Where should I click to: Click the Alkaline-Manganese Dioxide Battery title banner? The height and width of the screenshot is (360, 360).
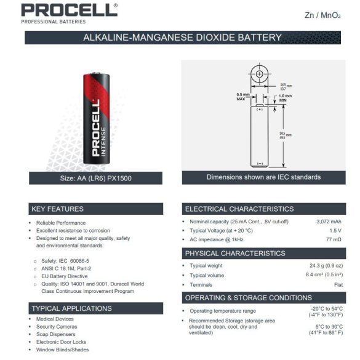182,38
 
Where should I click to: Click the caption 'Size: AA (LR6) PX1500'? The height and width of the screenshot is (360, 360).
96,178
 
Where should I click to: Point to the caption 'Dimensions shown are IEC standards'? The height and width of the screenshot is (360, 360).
263,177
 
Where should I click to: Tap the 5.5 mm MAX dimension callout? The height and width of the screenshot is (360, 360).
242,97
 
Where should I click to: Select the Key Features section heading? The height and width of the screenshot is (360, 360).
57,209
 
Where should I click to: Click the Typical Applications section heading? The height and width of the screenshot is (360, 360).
71,308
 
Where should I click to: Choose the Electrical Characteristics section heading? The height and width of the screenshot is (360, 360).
239,209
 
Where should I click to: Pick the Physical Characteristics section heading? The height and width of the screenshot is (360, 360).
235,253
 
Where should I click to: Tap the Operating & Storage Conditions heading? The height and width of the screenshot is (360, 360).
249,298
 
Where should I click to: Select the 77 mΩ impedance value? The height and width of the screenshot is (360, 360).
334,239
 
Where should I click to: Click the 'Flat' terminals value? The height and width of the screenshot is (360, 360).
338,285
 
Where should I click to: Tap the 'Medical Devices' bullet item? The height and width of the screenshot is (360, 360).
55,319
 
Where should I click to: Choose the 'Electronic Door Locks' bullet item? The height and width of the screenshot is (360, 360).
61,342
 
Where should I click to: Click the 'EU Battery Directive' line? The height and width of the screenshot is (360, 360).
65,276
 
